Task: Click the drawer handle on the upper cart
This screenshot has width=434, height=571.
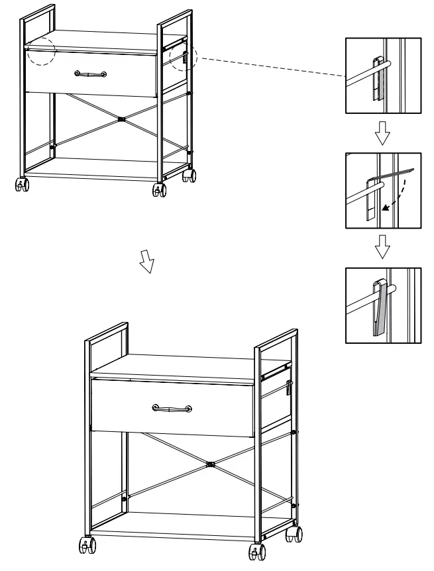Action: click(90, 74)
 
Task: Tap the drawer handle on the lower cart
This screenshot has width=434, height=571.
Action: click(172, 408)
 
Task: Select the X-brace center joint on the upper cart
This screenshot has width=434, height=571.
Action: click(121, 120)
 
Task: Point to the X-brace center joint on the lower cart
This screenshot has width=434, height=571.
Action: click(210, 463)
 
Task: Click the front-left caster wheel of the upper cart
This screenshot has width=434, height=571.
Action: click(22, 184)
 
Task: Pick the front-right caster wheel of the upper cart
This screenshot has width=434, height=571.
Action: click(159, 190)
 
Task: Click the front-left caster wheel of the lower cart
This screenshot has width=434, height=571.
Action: click(87, 545)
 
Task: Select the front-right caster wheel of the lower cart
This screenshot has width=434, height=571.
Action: click(256, 551)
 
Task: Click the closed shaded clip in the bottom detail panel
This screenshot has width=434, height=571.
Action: click(379, 307)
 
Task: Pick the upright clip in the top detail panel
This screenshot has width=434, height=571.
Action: click(377, 79)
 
